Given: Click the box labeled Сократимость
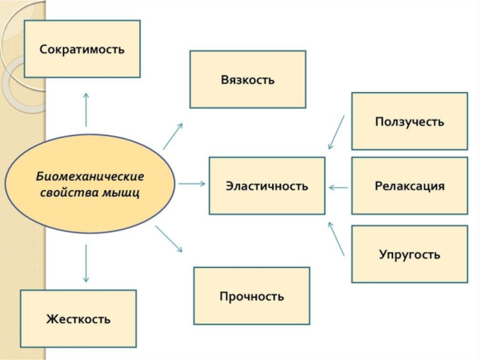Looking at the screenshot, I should (82, 49).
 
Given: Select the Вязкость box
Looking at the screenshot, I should (247, 79).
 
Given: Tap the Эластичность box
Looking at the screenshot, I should (266, 185).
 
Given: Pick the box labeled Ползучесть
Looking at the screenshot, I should (409, 121).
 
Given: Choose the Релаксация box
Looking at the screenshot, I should (409, 185).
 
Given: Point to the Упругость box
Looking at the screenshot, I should (409, 254).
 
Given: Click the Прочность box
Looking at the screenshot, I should (251, 296).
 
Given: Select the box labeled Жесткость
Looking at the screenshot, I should (78, 319).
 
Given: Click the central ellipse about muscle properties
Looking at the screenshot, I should (90, 184).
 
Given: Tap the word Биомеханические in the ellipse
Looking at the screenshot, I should (90, 178).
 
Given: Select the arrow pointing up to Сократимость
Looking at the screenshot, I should (86, 109).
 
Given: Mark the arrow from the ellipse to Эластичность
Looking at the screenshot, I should (191, 184).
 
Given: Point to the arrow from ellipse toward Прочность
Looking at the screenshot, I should (169, 238).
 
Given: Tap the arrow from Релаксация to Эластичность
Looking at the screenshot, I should (338, 188).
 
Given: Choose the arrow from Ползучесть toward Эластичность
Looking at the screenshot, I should (336, 133).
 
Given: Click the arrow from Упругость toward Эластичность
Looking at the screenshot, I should (336, 239).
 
